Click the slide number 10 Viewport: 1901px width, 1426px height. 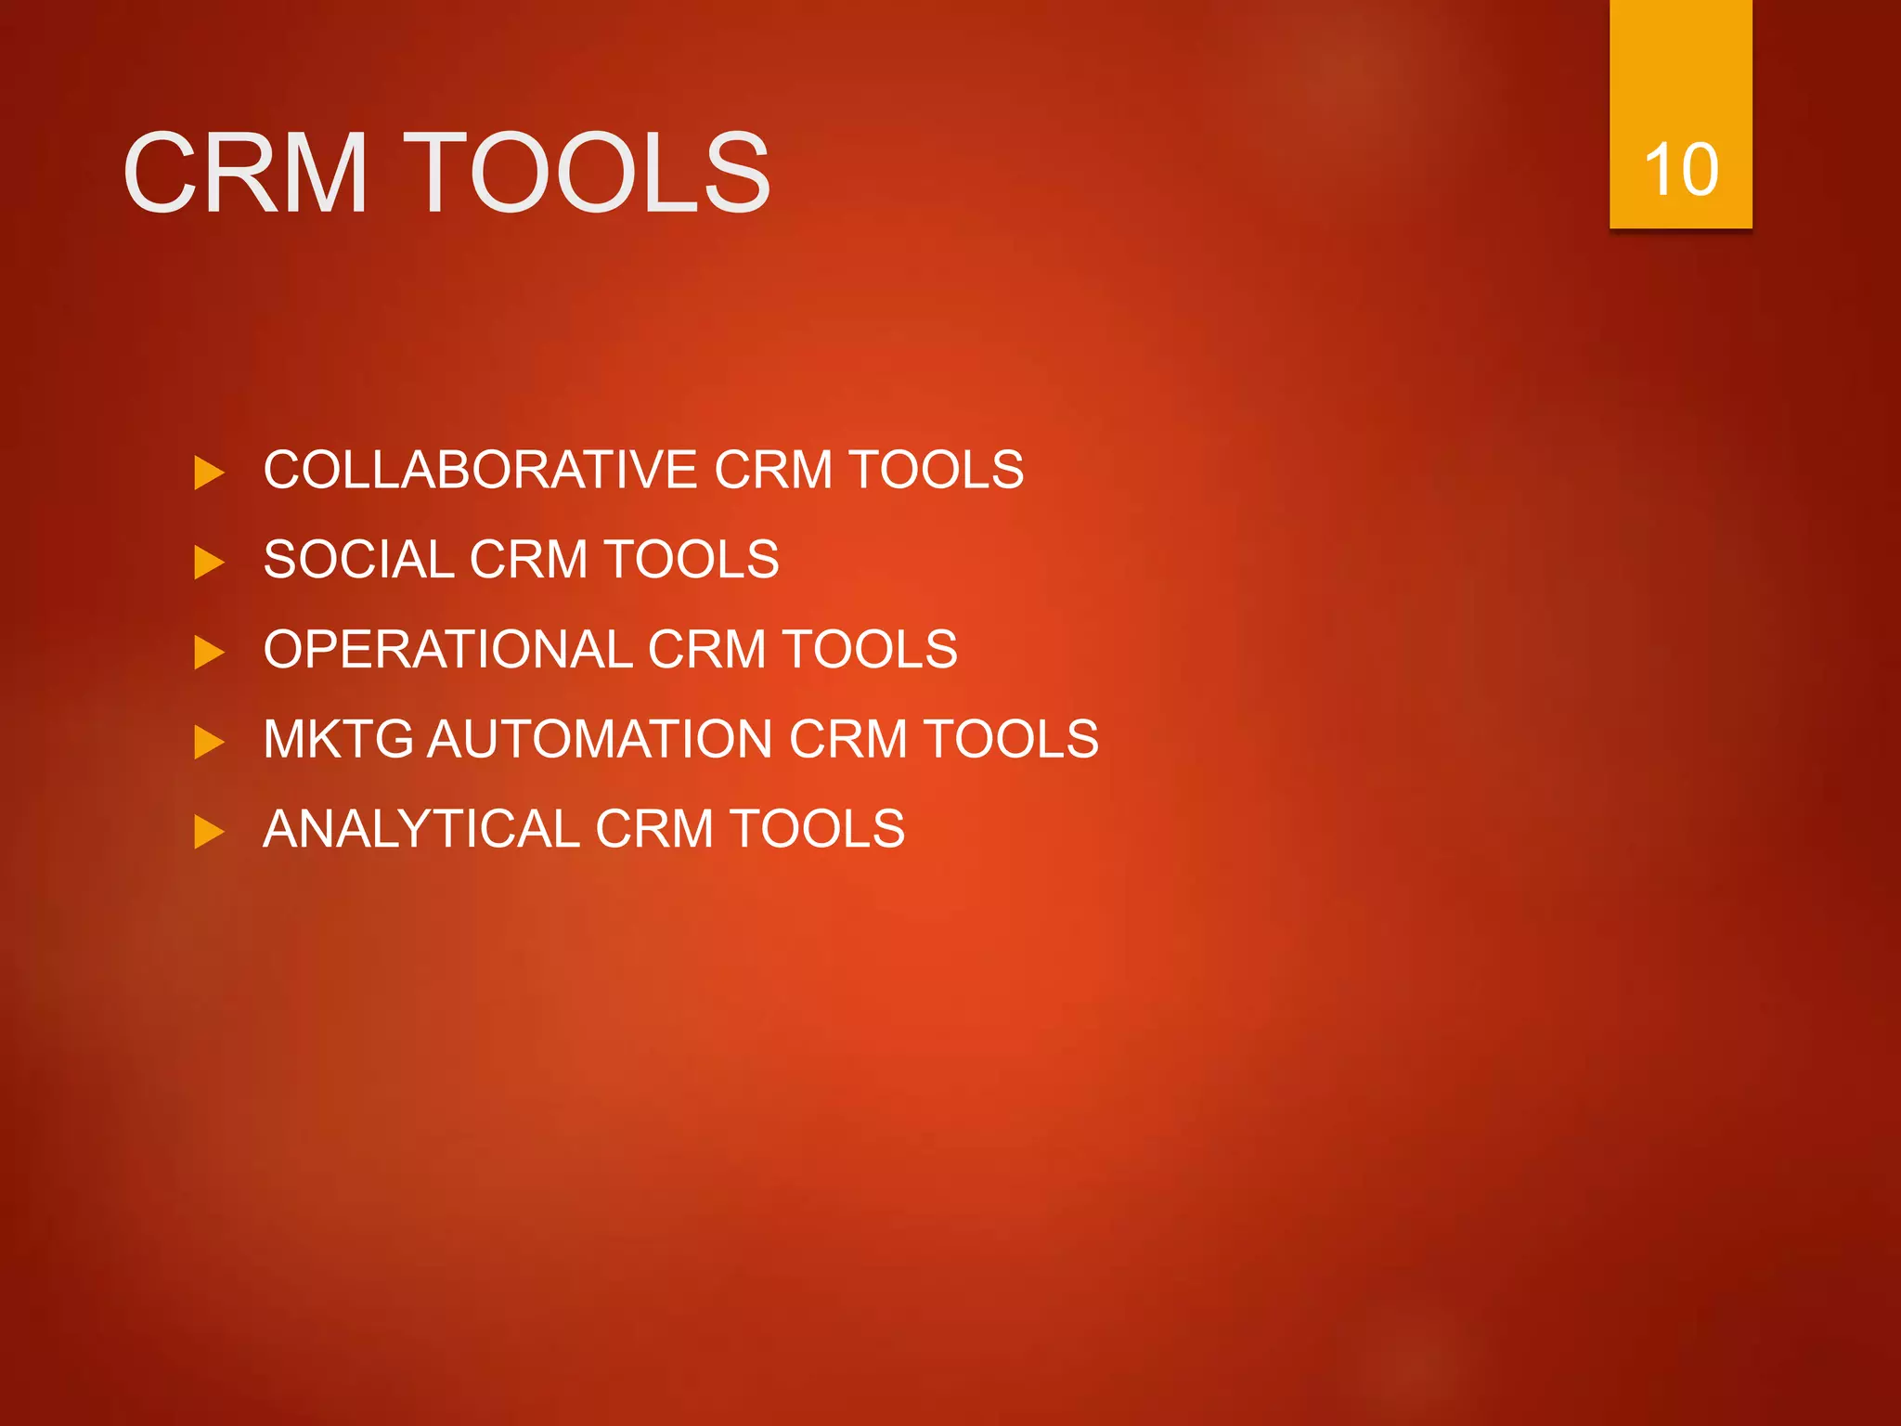pos(1680,170)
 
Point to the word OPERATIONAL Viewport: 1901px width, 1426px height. pos(448,649)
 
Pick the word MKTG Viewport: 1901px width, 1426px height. pos(338,739)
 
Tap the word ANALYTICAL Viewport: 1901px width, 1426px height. pos(421,829)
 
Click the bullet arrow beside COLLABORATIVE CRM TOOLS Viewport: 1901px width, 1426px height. pos(209,473)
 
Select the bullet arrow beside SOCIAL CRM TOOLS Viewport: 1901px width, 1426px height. pos(209,563)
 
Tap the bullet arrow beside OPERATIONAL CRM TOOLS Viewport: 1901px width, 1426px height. pos(209,652)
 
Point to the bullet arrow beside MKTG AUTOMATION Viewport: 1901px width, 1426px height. pos(209,742)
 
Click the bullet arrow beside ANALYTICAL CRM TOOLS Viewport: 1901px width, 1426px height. pos(209,832)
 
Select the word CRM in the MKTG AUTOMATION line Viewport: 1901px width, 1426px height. pos(847,739)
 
